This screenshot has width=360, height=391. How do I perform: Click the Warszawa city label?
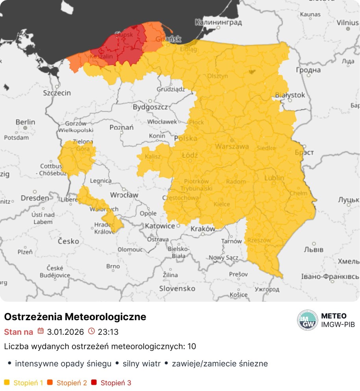pyautogui.click(x=232, y=146)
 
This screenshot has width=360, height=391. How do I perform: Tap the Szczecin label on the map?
pyautogui.click(x=57, y=93)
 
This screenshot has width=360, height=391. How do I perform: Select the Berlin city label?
pyautogui.click(x=25, y=122)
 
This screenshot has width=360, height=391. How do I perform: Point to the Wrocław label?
pyautogui.click(x=124, y=195)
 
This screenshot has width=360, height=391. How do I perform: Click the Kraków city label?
pyautogui.click(x=203, y=229)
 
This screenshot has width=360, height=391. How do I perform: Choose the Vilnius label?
pyautogui.click(x=347, y=22)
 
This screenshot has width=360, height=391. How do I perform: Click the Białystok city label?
pyautogui.click(x=290, y=95)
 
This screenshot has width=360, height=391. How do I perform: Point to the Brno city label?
pyautogui.click(x=113, y=266)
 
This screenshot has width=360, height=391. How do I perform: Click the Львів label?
pyautogui.click(x=314, y=250)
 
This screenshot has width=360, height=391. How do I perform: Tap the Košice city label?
pyautogui.click(x=238, y=294)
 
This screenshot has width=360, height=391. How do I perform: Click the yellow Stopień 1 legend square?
pyautogui.click(x=7, y=382)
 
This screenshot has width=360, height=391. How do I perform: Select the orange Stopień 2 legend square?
pyautogui.click(x=50, y=382)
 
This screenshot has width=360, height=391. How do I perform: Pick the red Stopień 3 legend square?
pyautogui.click(x=94, y=382)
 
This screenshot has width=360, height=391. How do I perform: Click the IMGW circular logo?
pyautogui.click(x=307, y=320)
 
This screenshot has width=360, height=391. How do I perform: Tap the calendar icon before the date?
pyautogui.click(x=41, y=331)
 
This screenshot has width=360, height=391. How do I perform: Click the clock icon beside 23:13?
pyautogui.click(x=92, y=331)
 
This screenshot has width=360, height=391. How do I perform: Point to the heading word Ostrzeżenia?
pyautogui.click(x=33, y=317)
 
